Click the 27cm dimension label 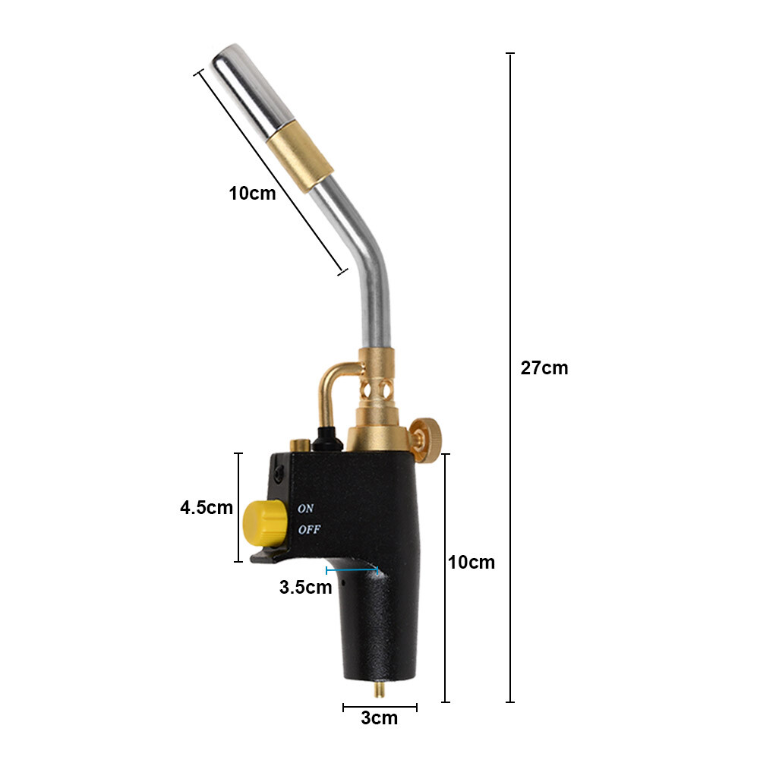pyautogui.click(x=544, y=368)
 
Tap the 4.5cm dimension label pyautogui.click(x=206, y=508)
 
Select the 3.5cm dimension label pyautogui.click(x=305, y=587)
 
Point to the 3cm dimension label pyautogui.click(x=379, y=717)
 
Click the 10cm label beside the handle pyautogui.click(x=471, y=563)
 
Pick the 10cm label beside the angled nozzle pyautogui.click(x=252, y=193)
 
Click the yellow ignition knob pyautogui.click(x=262, y=522)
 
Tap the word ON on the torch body pyautogui.click(x=305, y=508)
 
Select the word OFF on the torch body pyautogui.click(x=308, y=530)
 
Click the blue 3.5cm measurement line pyautogui.click(x=352, y=569)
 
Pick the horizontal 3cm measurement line pyautogui.click(x=379, y=707)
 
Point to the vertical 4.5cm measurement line pyautogui.click(x=239, y=507)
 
